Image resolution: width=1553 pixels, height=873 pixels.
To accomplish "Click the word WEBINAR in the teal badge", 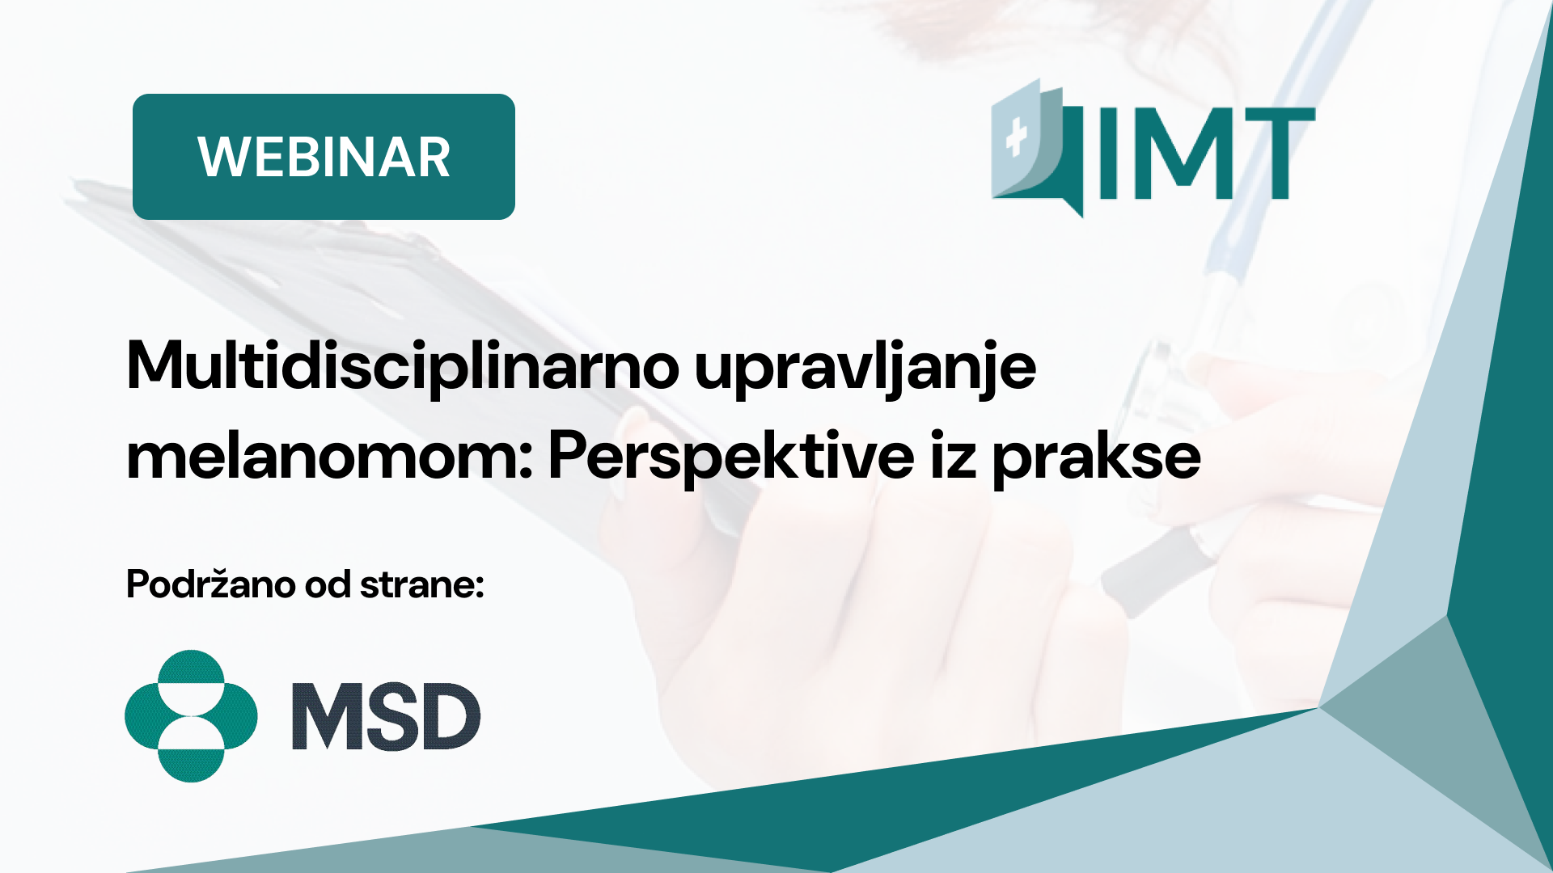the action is tap(324, 157).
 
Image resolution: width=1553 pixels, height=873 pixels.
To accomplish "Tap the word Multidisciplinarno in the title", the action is tap(403, 366).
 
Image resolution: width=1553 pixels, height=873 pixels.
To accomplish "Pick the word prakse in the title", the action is tap(1096, 459).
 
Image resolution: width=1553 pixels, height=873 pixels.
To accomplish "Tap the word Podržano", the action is tap(210, 584).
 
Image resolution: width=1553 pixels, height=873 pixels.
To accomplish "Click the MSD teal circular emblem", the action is tap(191, 716).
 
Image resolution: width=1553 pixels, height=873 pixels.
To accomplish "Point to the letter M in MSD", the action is tap(324, 716).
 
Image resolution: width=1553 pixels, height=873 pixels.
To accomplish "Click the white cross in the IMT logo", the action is tap(1016, 138).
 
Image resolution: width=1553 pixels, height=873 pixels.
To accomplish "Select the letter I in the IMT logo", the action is tap(1107, 154).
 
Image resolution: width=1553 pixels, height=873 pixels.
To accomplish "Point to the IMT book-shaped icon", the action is tap(1038, 148).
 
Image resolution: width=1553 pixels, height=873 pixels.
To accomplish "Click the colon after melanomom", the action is tap(526, 461).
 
